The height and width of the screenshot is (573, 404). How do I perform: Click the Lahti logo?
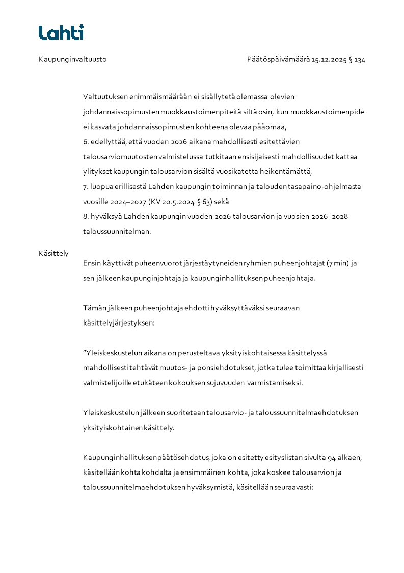click(61, 33)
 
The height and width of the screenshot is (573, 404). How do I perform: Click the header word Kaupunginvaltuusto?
click(72, 60)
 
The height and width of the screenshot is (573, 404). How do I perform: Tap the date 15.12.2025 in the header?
click(329, 60)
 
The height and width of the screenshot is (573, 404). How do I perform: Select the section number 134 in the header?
click(360, 60)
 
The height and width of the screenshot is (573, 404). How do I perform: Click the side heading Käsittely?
click(53, 253)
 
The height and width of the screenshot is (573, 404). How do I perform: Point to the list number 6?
click(85, 141)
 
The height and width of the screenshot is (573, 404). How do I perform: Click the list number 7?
click(85, 186)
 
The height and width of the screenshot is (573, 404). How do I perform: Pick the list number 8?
click(85, 216)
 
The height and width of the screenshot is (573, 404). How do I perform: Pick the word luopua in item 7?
click(101, 186)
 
